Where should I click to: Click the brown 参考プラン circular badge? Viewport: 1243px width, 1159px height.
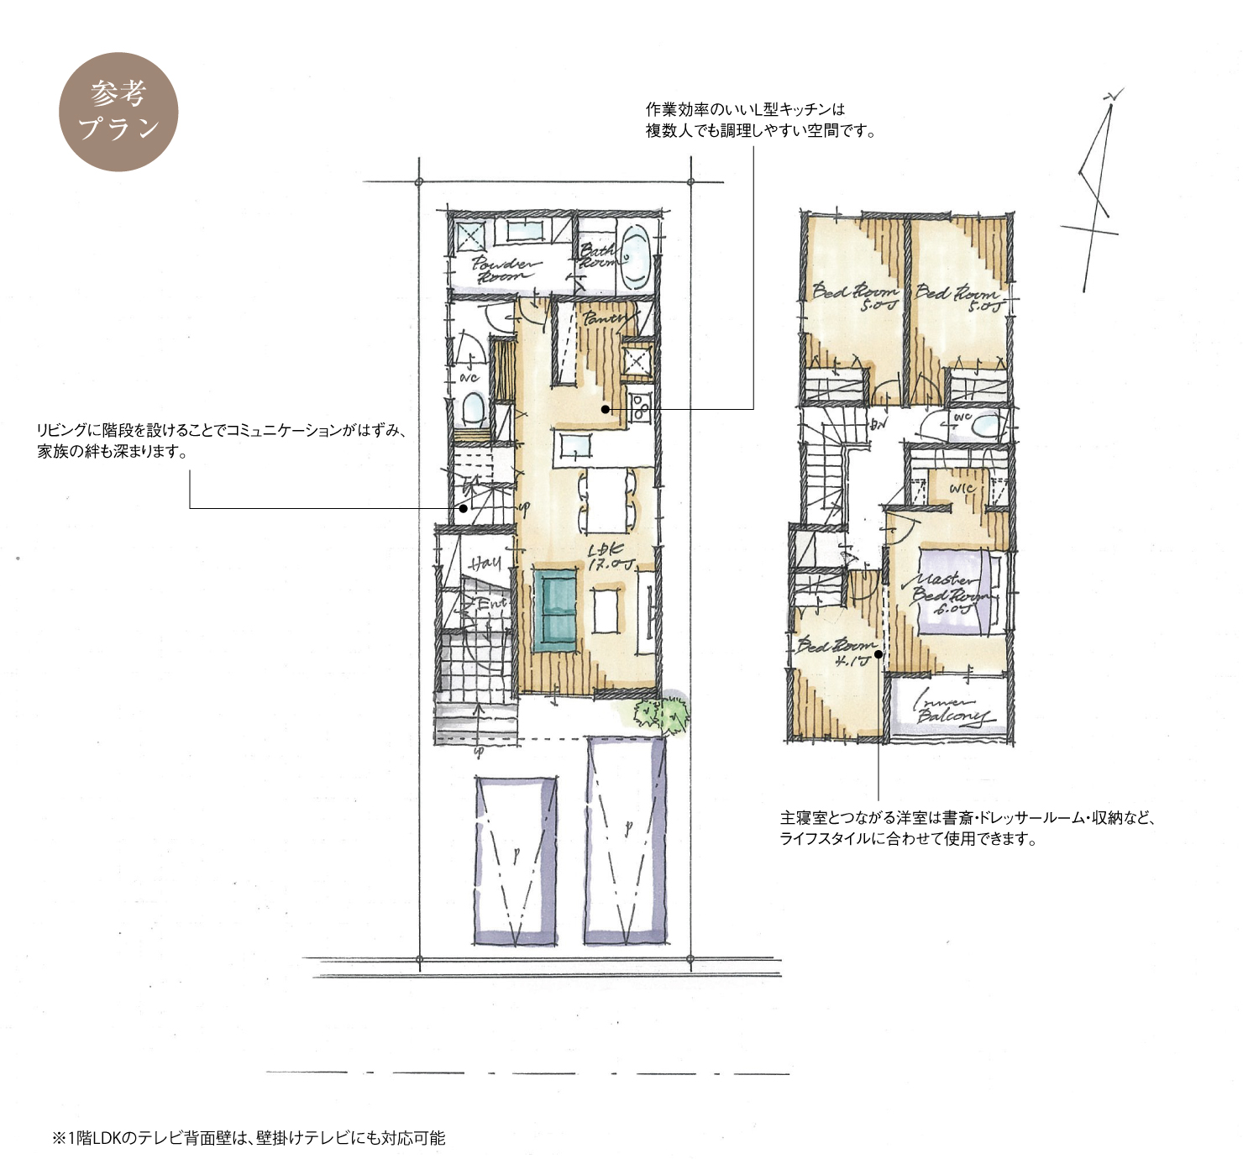[x=118, y=112]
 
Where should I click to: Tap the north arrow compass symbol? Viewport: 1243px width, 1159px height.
[x=1096, y=193]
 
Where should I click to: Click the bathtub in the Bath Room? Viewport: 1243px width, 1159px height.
[x=636, y=256]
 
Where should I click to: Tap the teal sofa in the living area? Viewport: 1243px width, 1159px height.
[x=555, y=609]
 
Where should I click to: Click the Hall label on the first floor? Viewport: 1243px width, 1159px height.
[x=485, y=563]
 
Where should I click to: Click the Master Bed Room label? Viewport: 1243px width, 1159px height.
[x=949, y=593]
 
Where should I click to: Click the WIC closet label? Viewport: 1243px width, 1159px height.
[x=962, y=488]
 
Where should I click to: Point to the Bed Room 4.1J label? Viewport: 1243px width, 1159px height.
[x=837, y=652]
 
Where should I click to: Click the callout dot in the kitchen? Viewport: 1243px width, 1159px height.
[x=605, y=409]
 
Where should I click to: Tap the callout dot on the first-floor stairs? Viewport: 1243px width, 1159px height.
[x=463, y=508]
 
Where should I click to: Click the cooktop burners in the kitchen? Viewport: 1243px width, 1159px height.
[x=640, y=406]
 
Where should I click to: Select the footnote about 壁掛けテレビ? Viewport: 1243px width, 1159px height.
[x=249, y=1138]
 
